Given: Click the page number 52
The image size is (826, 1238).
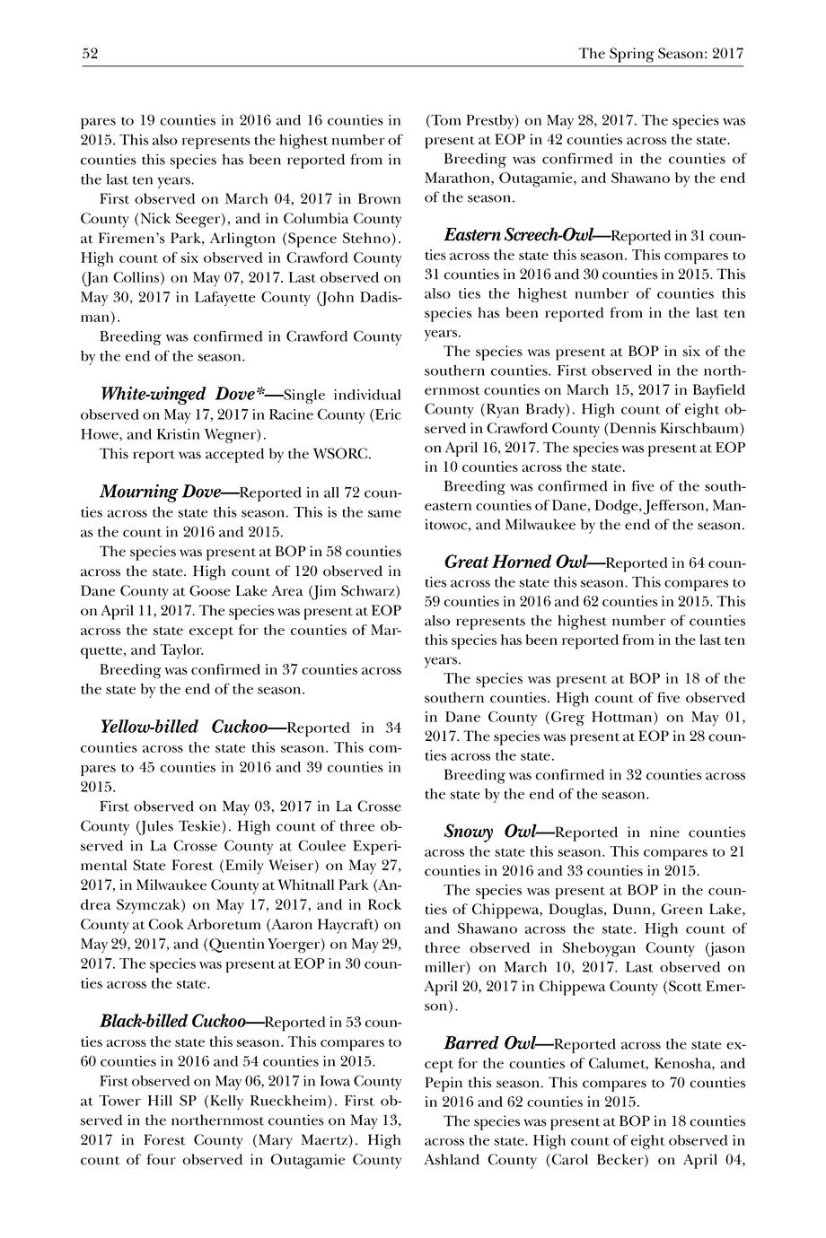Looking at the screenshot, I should pos(90,54).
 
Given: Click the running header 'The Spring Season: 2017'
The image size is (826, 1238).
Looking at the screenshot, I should pos(661,54).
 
